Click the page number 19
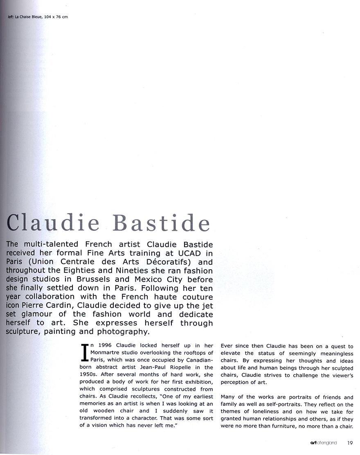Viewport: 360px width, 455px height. tap(350, 443)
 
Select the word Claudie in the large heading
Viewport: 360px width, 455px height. tap(54, 223)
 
